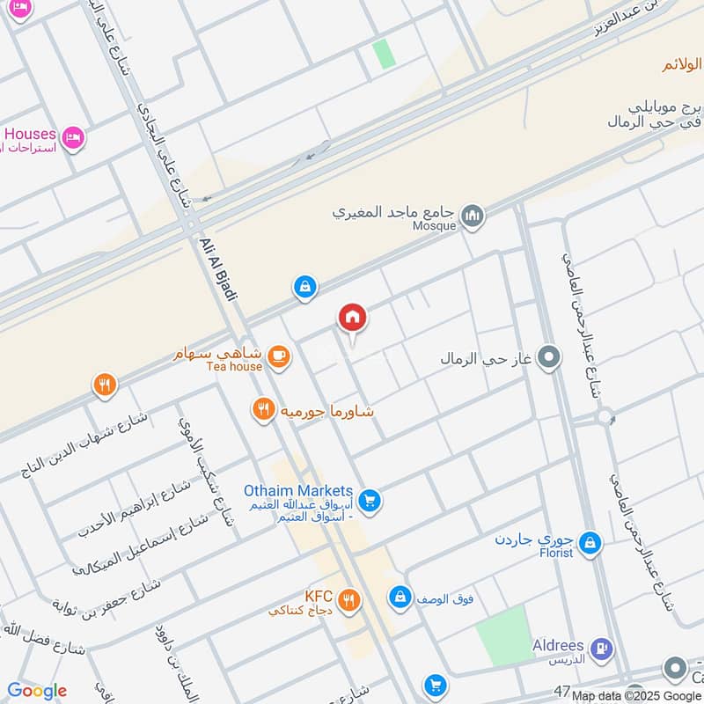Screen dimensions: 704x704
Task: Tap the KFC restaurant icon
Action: pos(349,601)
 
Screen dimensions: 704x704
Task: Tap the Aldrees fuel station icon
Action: pos(601,649)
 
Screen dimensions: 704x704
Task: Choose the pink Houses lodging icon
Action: pos(73,137)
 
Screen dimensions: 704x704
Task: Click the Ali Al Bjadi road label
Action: pos(219,268)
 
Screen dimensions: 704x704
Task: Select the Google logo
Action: pos(36,691)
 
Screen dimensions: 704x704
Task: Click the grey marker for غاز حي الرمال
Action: pos(550,358)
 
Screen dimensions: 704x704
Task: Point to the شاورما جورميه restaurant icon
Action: pos(262,408)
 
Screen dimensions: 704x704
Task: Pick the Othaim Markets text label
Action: pos(297,491)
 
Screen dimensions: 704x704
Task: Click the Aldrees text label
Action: pos(558,645)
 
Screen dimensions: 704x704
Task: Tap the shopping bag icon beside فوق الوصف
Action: pos(400,598)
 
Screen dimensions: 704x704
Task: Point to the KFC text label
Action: pos(318,596)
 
